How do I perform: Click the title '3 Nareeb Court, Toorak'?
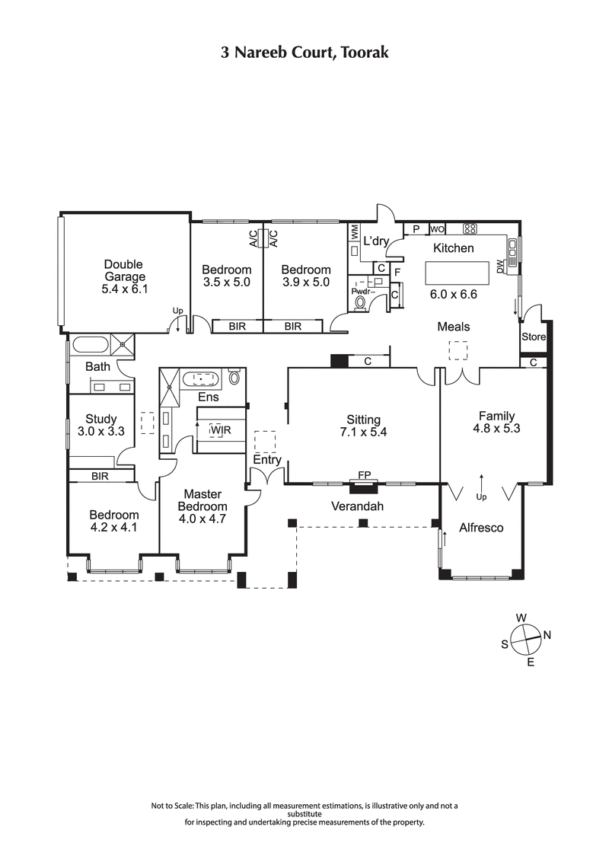304,53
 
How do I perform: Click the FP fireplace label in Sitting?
365,476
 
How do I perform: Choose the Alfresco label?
481,527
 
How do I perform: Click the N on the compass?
547,634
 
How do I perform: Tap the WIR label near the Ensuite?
221,430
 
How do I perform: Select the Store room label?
533,337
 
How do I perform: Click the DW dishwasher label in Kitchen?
500,268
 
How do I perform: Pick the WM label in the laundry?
354,229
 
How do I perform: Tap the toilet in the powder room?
360,302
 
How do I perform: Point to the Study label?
100,419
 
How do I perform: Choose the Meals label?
453,327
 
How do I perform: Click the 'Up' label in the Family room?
481,496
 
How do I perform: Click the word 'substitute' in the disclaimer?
304,814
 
